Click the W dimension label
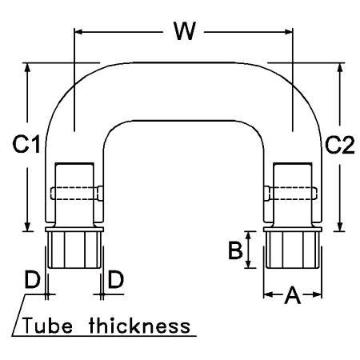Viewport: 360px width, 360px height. point(185,30)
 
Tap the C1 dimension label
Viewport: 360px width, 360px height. point(26,144)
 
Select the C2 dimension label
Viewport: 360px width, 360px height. point(340,145)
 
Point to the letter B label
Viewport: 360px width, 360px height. point(235,250)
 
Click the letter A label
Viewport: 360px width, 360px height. point(293,295)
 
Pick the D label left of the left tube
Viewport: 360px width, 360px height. point(32,279)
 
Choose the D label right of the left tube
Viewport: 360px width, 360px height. point(116,279)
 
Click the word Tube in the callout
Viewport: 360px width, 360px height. point(47,326)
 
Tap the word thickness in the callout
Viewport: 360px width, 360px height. point(140,326)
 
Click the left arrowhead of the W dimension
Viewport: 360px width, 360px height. point(78,32)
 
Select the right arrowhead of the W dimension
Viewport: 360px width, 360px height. point(289,32)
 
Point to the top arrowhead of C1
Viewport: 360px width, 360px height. point(27,67)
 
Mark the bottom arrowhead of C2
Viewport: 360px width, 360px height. point(340,227)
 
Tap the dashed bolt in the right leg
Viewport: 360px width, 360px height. point(290,194)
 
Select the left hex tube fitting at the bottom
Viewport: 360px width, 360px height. point(74,250)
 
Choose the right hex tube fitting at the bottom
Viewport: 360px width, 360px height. point(293,250)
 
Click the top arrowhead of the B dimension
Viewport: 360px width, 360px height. point(248,236)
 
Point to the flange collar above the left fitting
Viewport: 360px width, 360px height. point(74,229)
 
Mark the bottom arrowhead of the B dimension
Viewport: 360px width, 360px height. point(248,264)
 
